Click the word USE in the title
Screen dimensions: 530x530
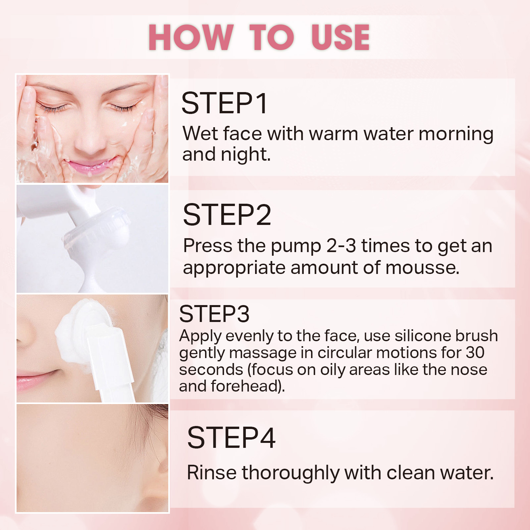tap(341, 37)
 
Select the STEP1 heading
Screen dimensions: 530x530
tap(224, 103)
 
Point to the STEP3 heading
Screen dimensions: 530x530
tap(214, 314)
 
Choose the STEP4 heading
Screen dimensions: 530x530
tap(231, 438)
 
